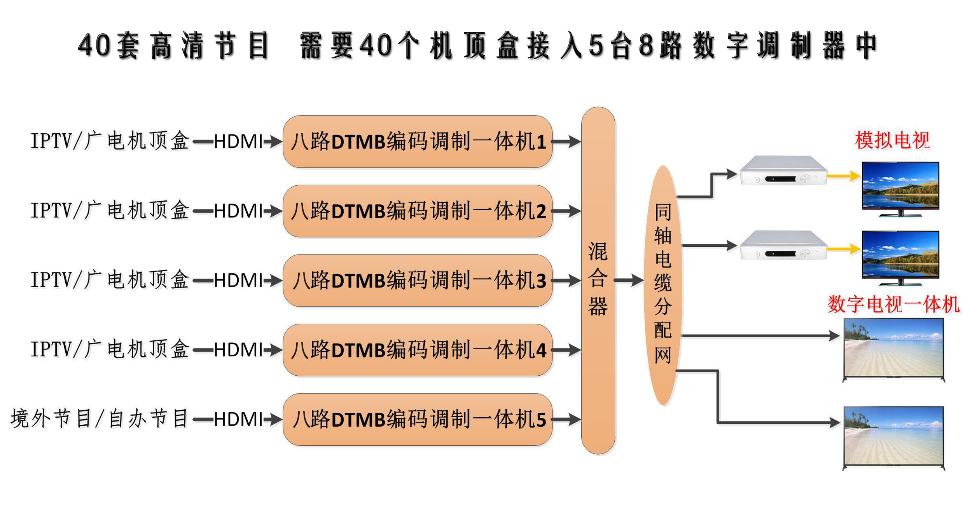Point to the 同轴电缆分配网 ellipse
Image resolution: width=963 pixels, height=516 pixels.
click(x=662, y=286)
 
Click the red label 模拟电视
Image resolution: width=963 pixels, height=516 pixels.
click(x=892, y=140)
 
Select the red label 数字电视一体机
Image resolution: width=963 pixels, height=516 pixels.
click(x=893, y=304)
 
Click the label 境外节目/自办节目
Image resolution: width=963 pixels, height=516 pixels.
click(x=100, y=419)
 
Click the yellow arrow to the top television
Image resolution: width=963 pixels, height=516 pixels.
click(x=843, y=176)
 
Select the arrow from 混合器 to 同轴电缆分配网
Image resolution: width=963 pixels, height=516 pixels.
click(x=628, y=280)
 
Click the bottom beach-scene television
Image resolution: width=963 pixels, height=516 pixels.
click(x=893, y=437)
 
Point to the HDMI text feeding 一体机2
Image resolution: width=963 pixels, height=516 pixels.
click(x=238, y=211)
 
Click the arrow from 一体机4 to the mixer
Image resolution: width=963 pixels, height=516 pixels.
click(x=566, y=350)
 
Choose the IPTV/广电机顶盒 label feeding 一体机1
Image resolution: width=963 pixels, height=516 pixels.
click(x=110, y=141)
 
